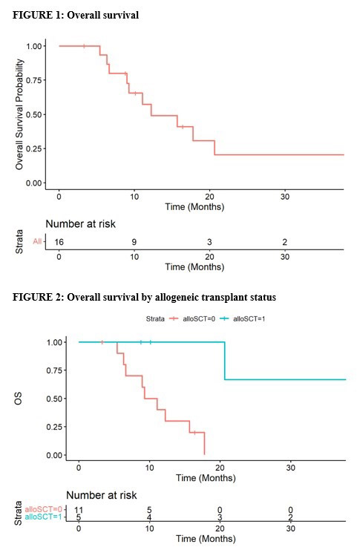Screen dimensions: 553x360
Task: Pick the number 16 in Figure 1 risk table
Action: (59, 241)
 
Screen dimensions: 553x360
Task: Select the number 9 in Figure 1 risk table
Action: (134, 241)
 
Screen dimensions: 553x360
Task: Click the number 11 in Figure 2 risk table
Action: (79, 510)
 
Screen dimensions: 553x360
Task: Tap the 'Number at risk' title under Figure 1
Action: (81, 223)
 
